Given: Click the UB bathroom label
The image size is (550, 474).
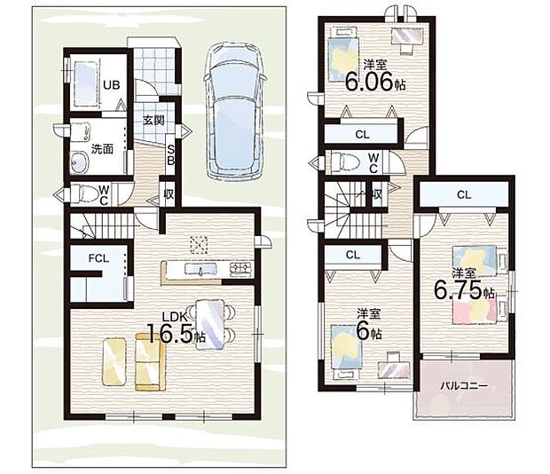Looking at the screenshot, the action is click(x=112, y=85).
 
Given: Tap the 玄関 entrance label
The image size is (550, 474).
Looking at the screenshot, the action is click(x=153, y=121).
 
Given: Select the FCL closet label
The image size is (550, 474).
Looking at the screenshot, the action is click(x=99, y=258).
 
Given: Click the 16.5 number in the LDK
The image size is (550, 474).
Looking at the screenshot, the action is click(x=170, y=334).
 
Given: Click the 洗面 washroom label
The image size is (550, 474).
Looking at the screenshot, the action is click(x=102, y=149).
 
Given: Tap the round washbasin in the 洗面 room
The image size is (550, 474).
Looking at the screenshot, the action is click(x=80, y=162).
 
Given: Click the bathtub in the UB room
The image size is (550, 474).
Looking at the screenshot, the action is click(x=85, y=84).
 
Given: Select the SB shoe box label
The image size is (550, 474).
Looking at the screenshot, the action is click(x=170, y=155).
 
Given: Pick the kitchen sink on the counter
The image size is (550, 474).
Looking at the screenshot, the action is click(x=201, y=270).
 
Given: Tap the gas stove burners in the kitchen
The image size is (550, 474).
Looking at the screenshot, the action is click(x=241, y=268).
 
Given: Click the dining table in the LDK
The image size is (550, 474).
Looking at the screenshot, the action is click(x=210, y=325).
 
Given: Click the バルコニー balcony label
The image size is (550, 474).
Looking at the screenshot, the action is click(x=464, y=386).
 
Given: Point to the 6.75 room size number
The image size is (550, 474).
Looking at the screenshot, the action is click(x=458, y=289).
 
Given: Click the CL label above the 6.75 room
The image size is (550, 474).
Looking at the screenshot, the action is click(x=464, y=194).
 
